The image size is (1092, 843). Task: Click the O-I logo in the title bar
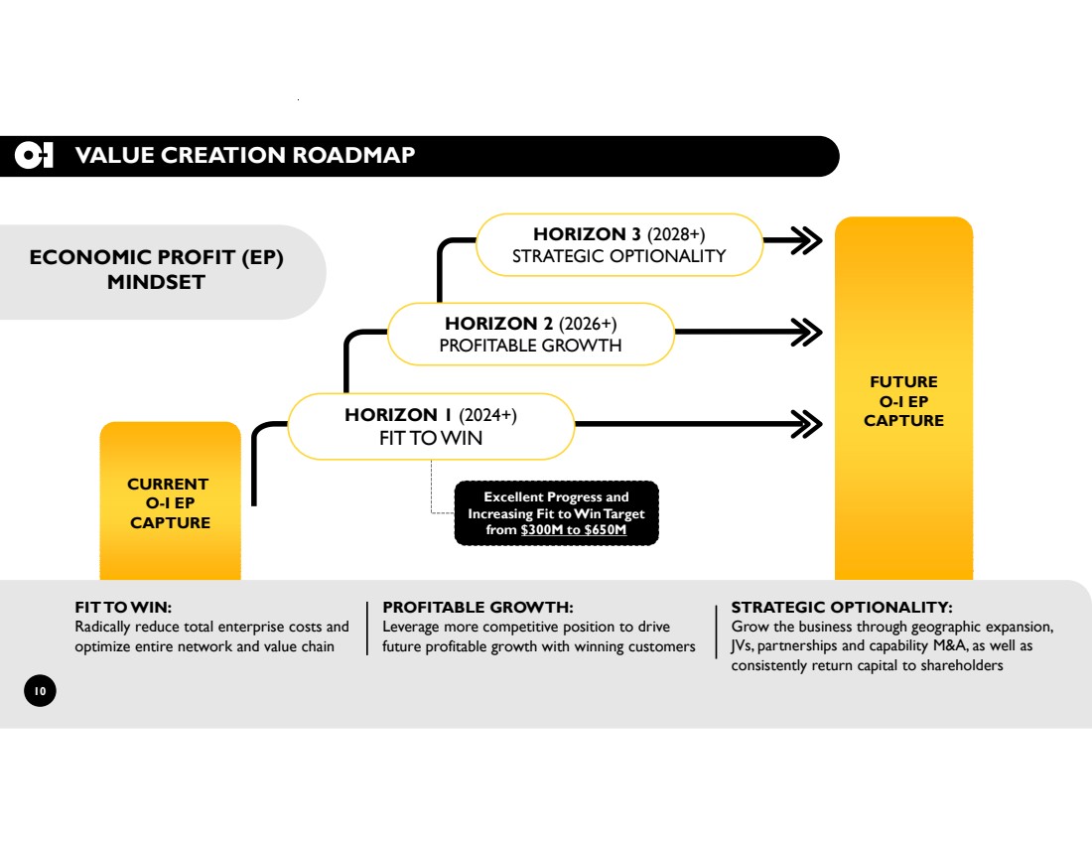[34, 156]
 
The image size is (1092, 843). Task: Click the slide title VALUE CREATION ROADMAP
[245, 155]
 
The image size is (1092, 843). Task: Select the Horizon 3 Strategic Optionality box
[618, 244]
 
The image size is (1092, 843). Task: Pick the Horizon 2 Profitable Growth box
[530, 334]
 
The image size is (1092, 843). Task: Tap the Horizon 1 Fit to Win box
[430, 426]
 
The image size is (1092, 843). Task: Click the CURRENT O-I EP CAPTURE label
[170, 503]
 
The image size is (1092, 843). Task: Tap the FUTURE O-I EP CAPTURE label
[903, 401]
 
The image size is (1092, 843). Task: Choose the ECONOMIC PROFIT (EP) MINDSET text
[157, 270]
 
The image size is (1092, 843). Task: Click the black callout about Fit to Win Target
[556, 513]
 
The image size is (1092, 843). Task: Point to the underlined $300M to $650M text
[573, 530]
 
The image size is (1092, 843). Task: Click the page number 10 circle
[41, 691]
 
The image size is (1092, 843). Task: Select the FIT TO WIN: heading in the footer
[124, 607]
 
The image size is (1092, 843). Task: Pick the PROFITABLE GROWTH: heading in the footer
[478, 607]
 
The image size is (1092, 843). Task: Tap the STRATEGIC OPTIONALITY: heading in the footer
[842, 607]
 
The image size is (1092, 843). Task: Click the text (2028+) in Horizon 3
[676, 234]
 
